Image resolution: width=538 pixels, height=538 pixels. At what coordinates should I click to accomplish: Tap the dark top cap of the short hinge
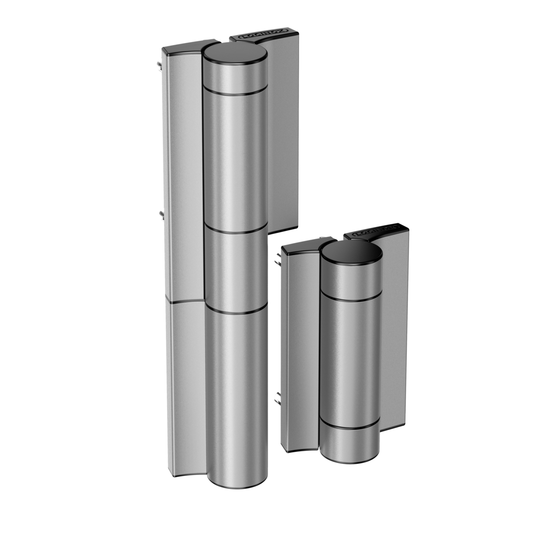351,252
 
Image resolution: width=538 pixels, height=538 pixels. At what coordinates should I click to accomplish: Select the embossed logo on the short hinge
375,230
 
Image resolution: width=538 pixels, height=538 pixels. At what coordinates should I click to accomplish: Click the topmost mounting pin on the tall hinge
158,65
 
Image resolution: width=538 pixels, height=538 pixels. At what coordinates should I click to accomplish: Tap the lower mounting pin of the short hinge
277,398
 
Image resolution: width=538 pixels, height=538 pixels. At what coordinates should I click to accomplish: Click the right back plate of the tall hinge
284,131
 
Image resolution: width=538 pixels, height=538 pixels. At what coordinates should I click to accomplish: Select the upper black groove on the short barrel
351,299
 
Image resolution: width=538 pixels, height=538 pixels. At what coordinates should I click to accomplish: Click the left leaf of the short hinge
298,347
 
